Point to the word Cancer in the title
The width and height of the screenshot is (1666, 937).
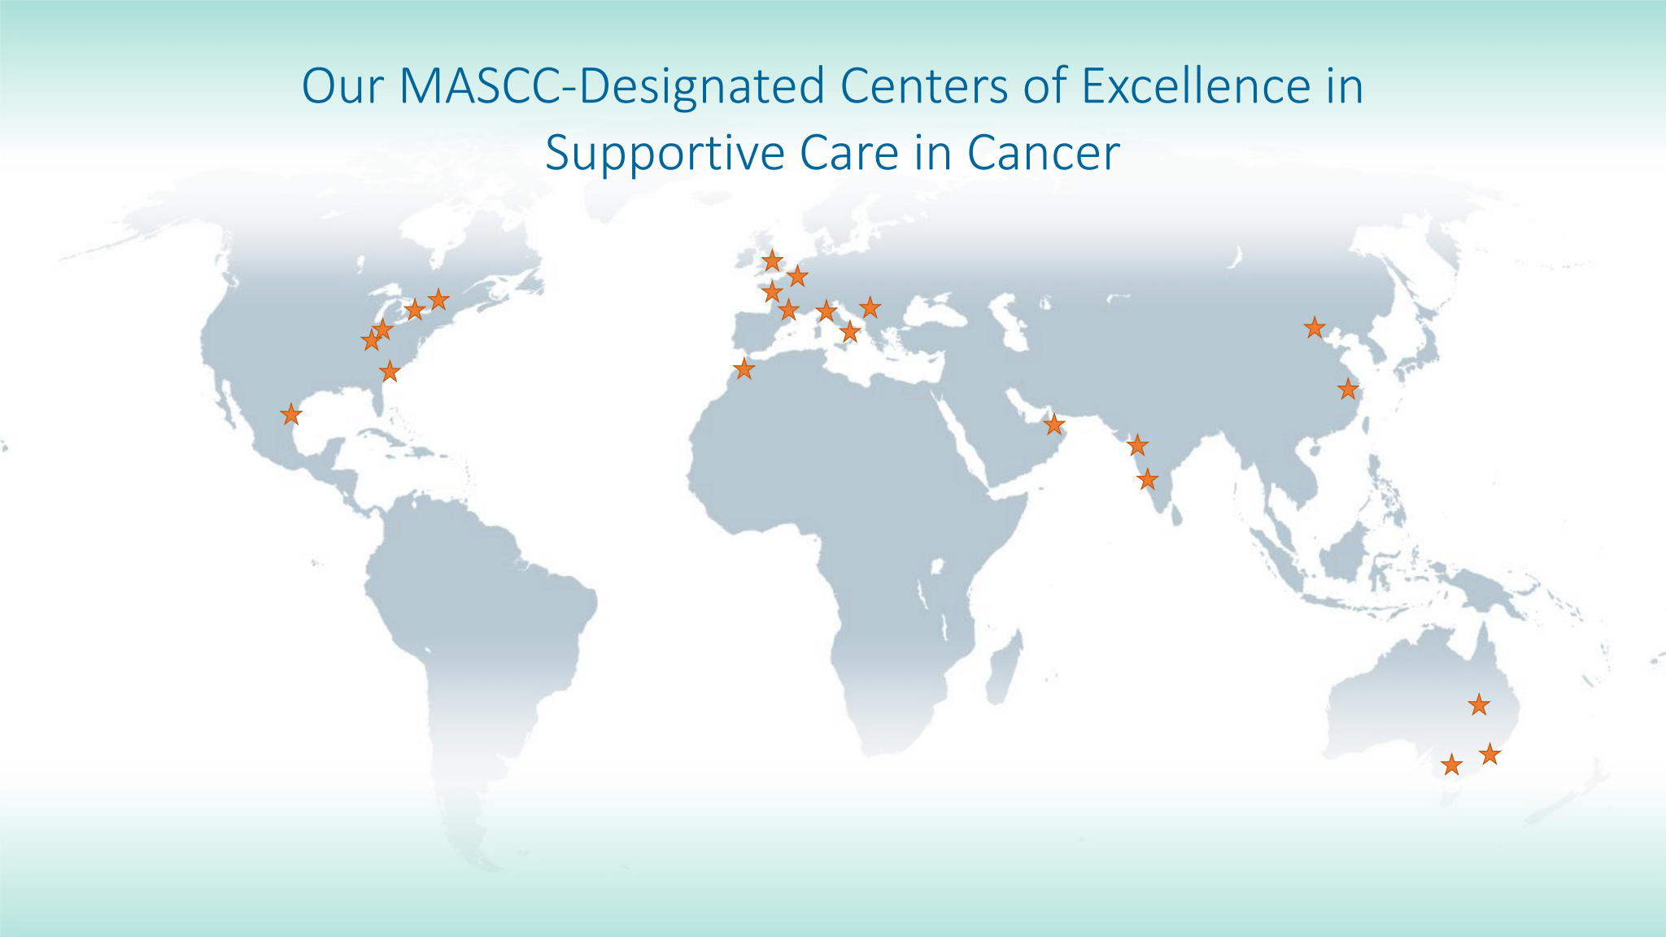(1043, 153)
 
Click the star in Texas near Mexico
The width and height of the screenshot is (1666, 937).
(290, 415)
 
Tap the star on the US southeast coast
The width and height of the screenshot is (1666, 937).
(390, 372)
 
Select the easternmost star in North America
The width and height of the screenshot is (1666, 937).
(438, 299)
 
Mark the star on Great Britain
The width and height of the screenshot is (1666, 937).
(772, 261)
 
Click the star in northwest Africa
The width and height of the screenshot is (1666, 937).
(744, 369)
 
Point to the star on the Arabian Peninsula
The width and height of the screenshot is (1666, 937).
(1053, 425)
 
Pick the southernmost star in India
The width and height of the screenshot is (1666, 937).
(1147, 479)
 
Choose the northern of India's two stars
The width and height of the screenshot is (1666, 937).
(1137, 446)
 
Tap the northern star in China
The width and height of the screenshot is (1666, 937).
(1315, 328)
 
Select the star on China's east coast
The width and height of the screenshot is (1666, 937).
(1348, 389)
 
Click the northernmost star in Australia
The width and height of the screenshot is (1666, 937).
(1479, 704)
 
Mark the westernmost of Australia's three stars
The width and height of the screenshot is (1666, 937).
(1451, 765)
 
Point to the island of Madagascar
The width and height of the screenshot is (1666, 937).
(1002, 671)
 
